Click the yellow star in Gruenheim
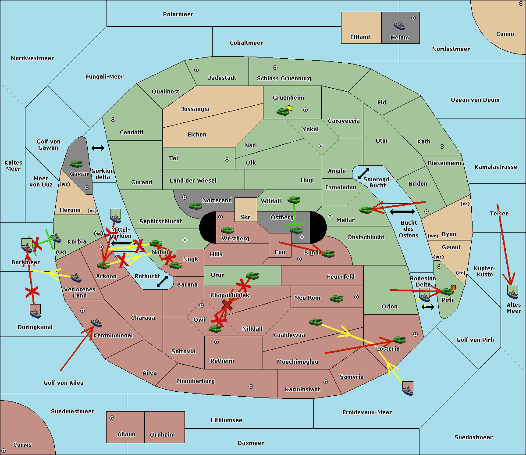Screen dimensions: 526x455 tap(289, 108)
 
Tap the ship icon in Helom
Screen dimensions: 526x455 tap(399, 25)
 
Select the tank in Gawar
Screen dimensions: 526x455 tap(76, 164)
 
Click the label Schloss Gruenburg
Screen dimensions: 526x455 tap(284, 78)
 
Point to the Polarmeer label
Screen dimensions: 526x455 tap(178, 14)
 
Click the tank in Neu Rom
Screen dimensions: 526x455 tap(336, 298)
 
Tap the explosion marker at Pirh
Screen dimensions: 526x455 tap(453, 288)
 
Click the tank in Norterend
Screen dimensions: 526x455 tap(195, 206)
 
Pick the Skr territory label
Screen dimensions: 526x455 tap(245, 217)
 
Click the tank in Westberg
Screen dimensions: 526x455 tap(227, 230)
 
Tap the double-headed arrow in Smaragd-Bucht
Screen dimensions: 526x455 tap(363, 173)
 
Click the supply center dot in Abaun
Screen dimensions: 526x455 tap(111, 418)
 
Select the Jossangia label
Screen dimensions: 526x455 tap(195, 109)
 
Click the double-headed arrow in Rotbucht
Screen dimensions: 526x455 tap(162, 281)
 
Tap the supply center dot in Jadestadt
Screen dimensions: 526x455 tap(196, 70)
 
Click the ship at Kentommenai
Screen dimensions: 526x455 tap(96, 322)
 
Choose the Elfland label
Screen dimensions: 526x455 tap(360, 37)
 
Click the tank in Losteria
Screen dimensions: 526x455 tap(399, 340)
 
